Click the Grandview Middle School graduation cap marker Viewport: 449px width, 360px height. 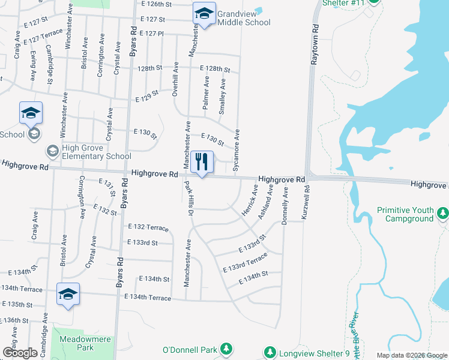click(204, 14)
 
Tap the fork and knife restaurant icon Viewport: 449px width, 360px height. click(202, 162)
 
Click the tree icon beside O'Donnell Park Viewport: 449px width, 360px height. click(226, 349)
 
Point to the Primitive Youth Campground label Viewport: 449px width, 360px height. click(405, 215)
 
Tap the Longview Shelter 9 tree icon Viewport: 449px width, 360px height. click(270, 352)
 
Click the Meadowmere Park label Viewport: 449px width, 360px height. click(76, 343)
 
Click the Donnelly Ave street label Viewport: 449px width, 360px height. click(286, 205)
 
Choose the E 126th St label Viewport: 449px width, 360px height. click(157, 4)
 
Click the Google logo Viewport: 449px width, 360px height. click(20, 352)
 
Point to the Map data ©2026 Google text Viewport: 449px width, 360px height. click(412, 355)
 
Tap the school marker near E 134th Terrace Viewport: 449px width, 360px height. click(68, 294)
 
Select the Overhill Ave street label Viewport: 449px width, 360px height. click(175, 77)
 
